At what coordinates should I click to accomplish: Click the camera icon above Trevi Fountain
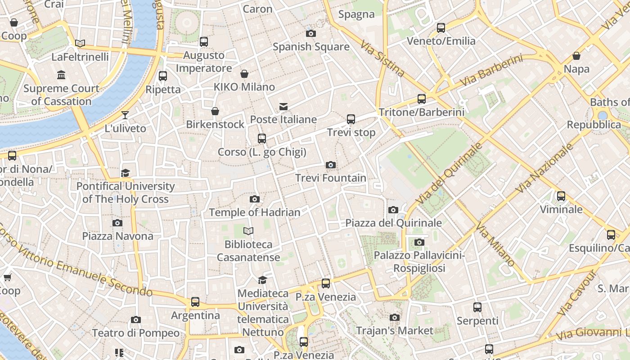331,165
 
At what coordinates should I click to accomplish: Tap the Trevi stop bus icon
351,119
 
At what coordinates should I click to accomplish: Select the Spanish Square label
311,47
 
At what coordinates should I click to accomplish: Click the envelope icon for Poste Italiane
283,107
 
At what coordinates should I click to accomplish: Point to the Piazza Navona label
117,236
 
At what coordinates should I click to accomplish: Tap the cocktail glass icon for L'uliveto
125,115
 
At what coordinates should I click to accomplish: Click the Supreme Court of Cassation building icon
61,75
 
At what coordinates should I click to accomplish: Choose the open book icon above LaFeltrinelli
80,43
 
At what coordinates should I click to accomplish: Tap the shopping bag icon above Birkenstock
215,111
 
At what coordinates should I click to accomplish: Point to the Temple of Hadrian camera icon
255,199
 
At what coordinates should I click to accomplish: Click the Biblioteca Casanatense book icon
248,231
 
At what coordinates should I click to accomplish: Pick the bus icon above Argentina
195,302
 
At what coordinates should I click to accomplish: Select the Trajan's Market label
395,331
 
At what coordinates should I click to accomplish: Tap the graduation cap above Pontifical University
125,173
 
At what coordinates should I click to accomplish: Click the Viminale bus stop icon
561,196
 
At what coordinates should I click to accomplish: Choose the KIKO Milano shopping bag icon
244,74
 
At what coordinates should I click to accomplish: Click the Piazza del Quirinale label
393,223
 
